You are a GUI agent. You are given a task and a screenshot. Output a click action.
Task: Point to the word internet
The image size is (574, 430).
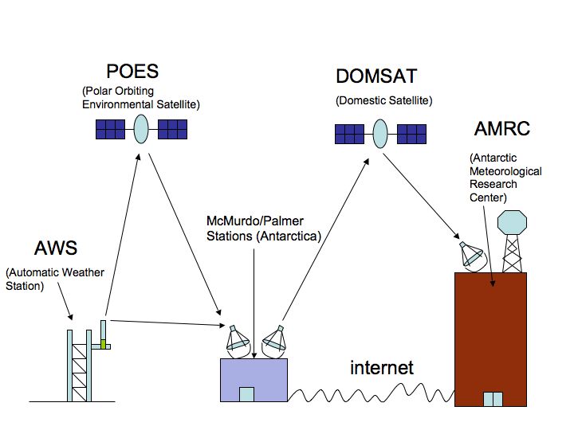click(382, 367)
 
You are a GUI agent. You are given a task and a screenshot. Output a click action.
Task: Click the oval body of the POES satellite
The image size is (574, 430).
click(141, 129)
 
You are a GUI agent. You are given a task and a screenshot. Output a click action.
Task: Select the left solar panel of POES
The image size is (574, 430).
click(109, 129)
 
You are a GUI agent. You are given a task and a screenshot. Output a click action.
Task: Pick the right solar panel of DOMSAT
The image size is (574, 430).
click(411, 133)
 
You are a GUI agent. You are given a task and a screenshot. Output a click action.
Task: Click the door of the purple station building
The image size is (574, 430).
click(246, 394)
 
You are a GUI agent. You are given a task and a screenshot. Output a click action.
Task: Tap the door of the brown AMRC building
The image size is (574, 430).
click(493, 398)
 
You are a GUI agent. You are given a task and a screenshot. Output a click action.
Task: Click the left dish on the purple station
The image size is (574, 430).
click(238, 340)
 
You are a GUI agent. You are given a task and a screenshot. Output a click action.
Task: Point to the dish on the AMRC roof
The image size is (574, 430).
click(471, 255)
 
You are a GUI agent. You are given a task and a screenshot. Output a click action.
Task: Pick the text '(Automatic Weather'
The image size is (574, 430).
click(55, 273)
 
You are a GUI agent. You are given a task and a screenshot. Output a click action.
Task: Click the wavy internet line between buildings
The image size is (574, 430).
click(371, 393)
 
